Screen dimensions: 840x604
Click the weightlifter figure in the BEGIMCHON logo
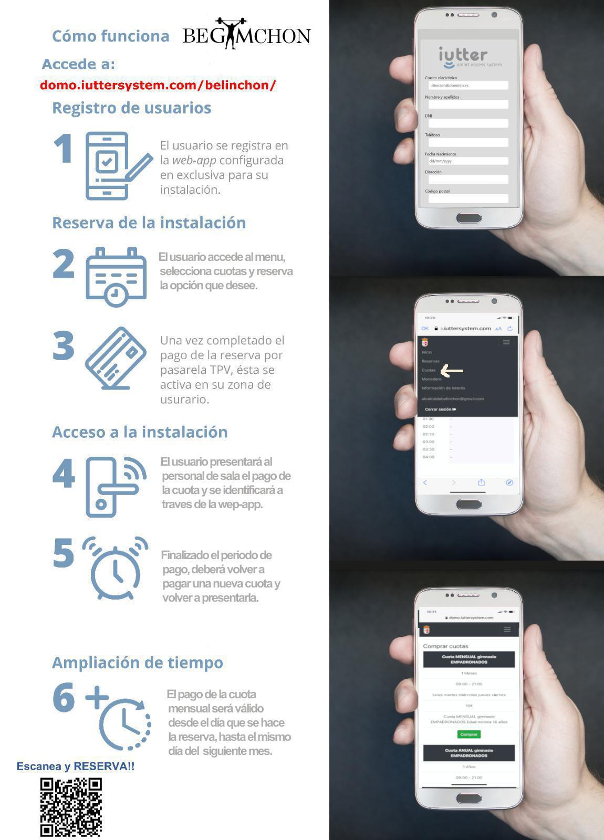[231, 34]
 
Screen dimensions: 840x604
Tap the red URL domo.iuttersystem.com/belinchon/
[158, 85]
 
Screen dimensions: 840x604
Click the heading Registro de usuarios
[131, 108]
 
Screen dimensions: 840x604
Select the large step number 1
[64, 149]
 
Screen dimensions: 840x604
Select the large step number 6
[64, 697]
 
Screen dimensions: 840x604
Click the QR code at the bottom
[71, 807]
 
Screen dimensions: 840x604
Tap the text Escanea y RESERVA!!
[75, 766]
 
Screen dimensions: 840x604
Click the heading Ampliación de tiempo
[138, 663]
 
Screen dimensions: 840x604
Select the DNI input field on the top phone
[468, 123]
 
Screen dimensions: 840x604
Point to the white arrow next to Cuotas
[452, 371]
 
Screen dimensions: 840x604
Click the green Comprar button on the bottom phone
[468, 734]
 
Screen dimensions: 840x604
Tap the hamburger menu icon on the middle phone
[506, 342]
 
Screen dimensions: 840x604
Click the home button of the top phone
[468, 217]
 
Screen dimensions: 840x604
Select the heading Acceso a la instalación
[140, 432]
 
